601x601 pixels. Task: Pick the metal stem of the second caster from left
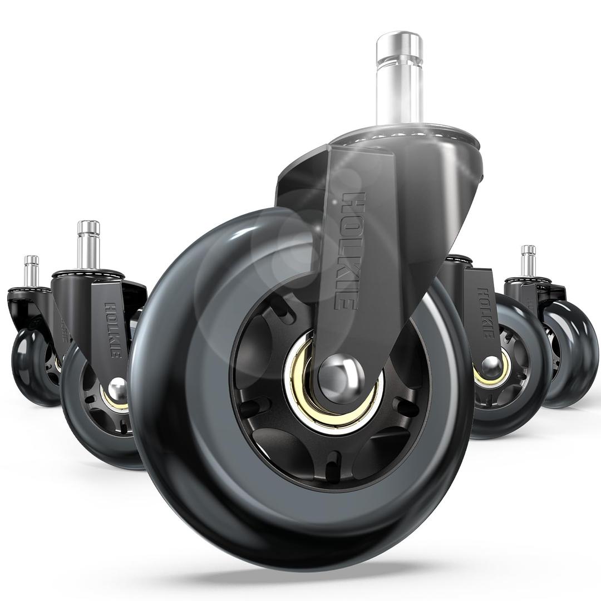[x=88, y=245]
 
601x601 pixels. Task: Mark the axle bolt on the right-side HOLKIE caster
[x=491, y=365]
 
